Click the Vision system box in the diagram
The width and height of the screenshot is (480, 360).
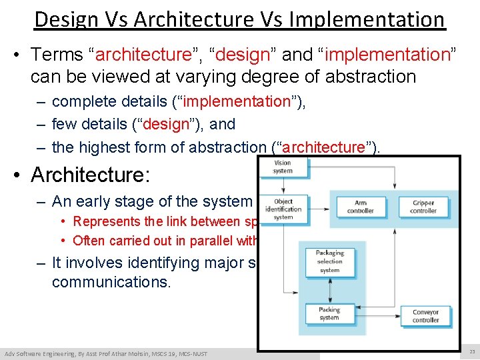pyautogui.click(x=283, y=167)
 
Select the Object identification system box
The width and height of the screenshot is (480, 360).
pyautogui.click(x=283, y=208)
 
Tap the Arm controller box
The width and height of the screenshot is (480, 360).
pyautogui.click(x=360, y=207)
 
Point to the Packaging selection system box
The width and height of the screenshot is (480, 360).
pyautogui.click(x=329, y=261)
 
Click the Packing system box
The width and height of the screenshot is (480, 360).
pyautogui.click(x=329, y=313)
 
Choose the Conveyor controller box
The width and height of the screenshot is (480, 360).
pyautogui.click(x=425, y=315)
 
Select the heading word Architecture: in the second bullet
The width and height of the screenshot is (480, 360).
pyautogui.click(x=89, y=175)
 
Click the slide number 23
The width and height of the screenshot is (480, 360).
pyautogui.click(x=471, y=352)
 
